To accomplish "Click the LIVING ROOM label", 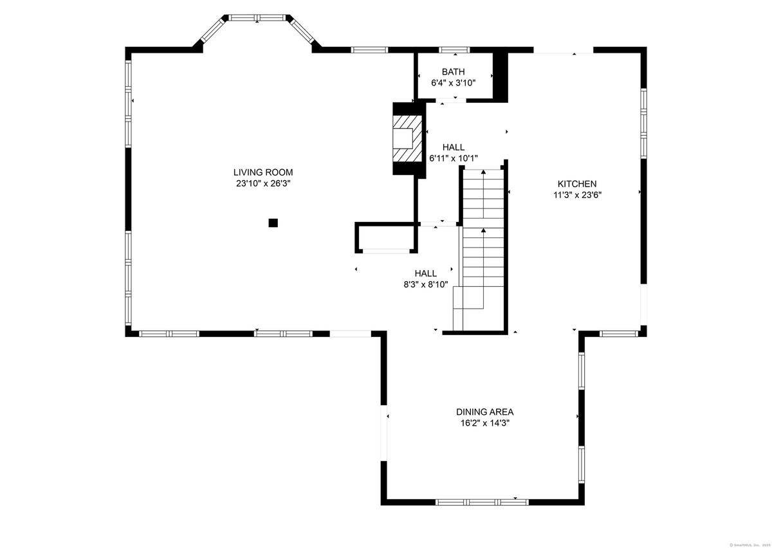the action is [x=263, y=172].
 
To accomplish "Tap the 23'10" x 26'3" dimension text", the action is [x=263, y=184].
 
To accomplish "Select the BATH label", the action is [x=453, y=71].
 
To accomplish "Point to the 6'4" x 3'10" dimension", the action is [x=453, y=83].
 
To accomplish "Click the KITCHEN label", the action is [x=577, y=184].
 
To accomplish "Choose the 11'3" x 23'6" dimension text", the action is [x=577, y=195].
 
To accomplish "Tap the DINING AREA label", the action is [x=484, y=412].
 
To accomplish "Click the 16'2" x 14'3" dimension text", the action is [x=485, y=423].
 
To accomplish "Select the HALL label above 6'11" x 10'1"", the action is [x=453, y=147].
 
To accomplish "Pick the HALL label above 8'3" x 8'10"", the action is [x=426, y=273].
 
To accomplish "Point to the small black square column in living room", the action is [x=273, y=223].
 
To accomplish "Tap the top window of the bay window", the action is [x=258, y=17].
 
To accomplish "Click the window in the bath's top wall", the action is [x=455, y=50].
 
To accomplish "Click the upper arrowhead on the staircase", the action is [x=483, y=172].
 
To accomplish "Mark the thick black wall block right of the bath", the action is [x=501, y=77].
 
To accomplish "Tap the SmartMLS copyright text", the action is [x=749, y=545].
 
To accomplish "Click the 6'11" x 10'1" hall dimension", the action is [x=453, y=158].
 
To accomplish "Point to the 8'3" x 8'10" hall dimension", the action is [x=426, y=285].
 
